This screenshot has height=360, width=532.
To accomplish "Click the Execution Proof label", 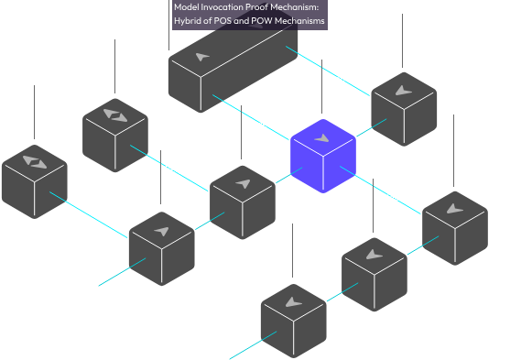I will pyautogui.click(x=345, y=71).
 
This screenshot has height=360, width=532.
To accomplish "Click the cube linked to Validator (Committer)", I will pyautogui.click(x=402, y=103).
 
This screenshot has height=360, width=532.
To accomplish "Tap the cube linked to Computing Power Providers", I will pyautogui.click(x=114, y=129).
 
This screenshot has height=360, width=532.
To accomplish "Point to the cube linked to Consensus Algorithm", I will pyautogui.click(x=455, y=220).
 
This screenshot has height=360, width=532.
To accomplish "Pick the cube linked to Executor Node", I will pyautogui.click(x=243, y=197).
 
